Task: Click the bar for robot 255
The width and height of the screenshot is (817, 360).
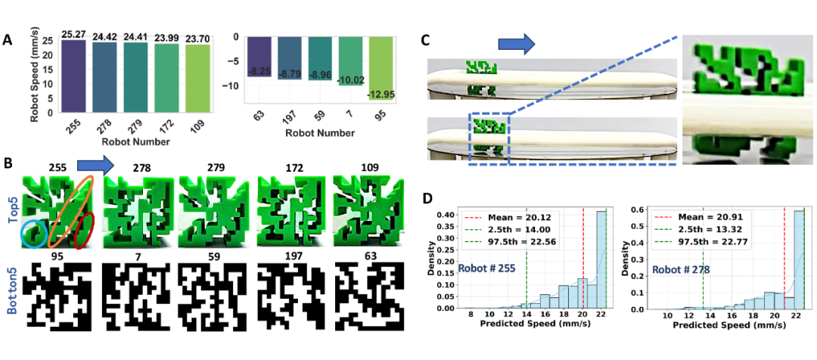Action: tap(73, 76)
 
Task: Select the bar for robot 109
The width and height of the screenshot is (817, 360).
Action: tap(194, 78)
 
